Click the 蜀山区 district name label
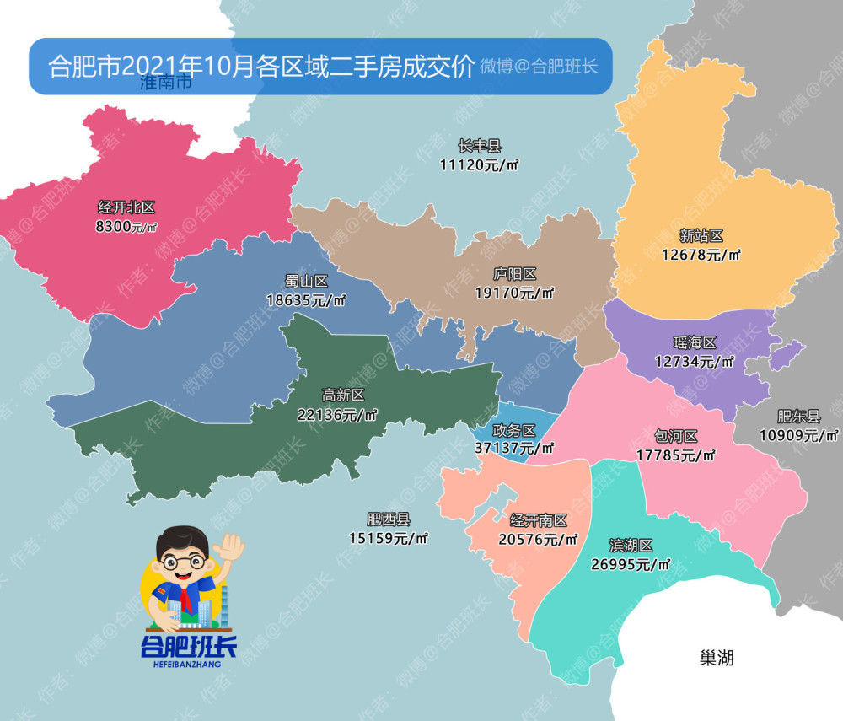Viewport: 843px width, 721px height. click(x=306, y=281)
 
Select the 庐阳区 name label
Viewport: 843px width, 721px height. click(x=514, y=275)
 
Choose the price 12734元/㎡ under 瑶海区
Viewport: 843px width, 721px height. click(x=694, y=361)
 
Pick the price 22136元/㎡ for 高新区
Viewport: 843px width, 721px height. click(x=337, y=414)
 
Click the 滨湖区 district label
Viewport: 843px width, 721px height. click(x=631, y=546)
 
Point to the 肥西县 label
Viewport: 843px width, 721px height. click(x=388, y=519)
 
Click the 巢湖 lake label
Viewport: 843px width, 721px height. click(x=716, y=658)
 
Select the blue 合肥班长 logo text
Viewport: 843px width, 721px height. click(x=189, y=647)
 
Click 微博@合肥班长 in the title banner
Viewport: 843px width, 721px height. click(x=539, y=66)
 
